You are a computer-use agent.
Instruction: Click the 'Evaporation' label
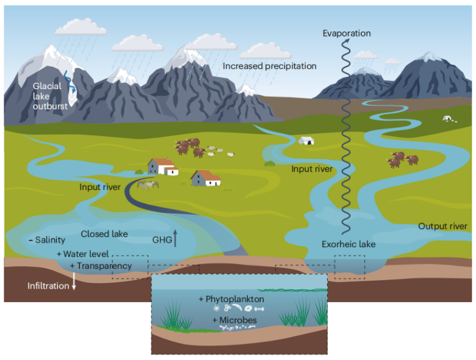click(346, 33)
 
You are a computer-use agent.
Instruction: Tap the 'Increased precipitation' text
click(269, 65)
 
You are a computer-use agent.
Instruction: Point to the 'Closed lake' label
click(104, 234)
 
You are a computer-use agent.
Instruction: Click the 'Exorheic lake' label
click(348, 245)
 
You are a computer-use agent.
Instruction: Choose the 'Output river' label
click(442, 226)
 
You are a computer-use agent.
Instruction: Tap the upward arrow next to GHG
click(175, 237)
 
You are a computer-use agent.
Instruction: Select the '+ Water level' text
click(82, 253)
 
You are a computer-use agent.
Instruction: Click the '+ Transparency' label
click(100, 266)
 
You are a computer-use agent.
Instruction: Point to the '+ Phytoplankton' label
click(231, 299)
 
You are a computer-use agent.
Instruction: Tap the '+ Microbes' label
click(234, 320)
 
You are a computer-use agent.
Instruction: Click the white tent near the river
click(306, 140)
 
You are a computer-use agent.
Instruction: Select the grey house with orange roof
click(206, 178)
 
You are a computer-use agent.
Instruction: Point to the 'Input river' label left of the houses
click(100, 187)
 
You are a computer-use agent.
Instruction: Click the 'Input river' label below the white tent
click(312, 168)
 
